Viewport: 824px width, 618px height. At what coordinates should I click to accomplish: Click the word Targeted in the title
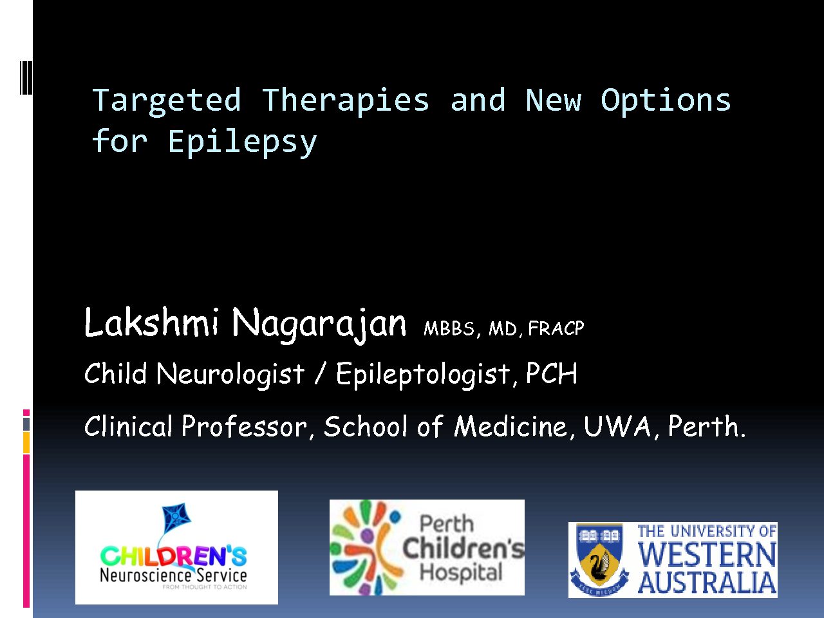(166, 100)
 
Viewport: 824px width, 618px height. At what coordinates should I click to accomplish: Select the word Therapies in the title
(345, 100)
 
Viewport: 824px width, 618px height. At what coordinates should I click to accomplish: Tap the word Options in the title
(665, 100)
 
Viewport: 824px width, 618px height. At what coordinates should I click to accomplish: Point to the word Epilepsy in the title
(243, 142)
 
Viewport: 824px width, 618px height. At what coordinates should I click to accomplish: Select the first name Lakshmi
(151, 322)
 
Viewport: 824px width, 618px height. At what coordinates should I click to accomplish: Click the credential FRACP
(556, 328)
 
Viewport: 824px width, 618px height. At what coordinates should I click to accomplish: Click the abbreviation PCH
(552, 373)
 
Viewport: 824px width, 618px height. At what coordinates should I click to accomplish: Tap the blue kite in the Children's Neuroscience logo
(176, 517)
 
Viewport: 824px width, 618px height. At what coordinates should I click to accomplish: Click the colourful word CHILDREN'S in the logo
(173, 556)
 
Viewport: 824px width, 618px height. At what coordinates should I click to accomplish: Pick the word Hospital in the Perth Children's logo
(461, 572)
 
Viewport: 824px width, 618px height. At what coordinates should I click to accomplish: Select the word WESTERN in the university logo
(707, 554)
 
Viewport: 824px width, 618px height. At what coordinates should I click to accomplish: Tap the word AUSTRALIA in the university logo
(707, 583)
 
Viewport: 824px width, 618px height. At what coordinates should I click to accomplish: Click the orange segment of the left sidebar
(26, 442)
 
